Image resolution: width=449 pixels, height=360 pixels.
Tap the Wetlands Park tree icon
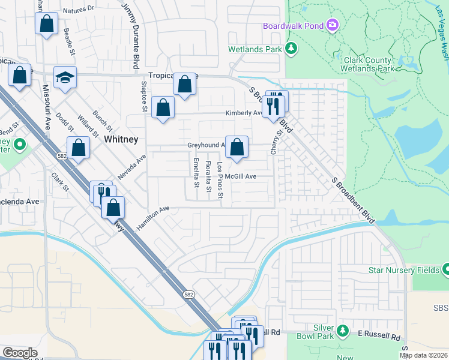pos(291,48)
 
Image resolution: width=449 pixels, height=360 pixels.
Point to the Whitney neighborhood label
pos(121,139)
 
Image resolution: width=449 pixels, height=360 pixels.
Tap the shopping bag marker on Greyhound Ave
pos(237,146)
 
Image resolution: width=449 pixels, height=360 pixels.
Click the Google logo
pos(20,352)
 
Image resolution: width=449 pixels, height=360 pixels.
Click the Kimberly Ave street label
pos(243,113)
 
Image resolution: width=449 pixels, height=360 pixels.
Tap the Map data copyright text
pos(423,355)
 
